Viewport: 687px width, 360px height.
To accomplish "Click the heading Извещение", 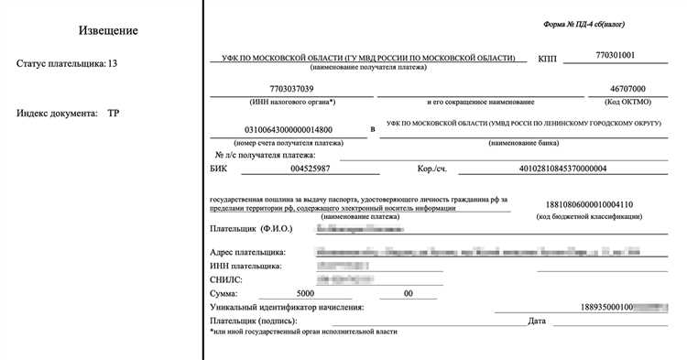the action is click(x=107, y=30).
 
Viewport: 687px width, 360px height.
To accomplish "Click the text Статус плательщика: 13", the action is click(x=67, y=64).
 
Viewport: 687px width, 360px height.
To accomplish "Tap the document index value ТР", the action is click(x=114, y=114).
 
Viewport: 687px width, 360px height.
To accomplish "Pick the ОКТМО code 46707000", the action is click(x=615, y=89).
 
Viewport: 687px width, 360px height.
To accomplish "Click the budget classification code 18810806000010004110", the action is click(x=589, y=204).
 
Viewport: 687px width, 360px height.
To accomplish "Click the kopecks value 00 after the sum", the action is click(x=409, y=293).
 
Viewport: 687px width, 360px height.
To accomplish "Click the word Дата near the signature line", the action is click(x=538, y=321).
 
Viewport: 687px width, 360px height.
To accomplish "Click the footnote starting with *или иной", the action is click(x=303, y=333).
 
